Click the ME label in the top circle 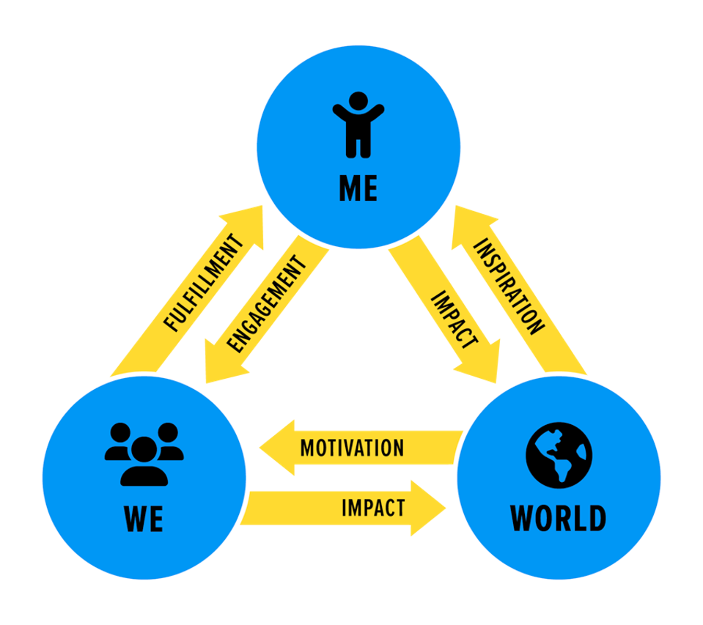coord(358,188)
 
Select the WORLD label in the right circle coord(558,517)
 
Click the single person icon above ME coord(358,123)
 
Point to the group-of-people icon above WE coord(144,454)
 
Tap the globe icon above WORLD coord(559,454)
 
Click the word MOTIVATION coord(352,448)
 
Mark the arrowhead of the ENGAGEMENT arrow coord(218,366)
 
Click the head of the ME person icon coord(358,100)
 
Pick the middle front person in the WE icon coord(144,462)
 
